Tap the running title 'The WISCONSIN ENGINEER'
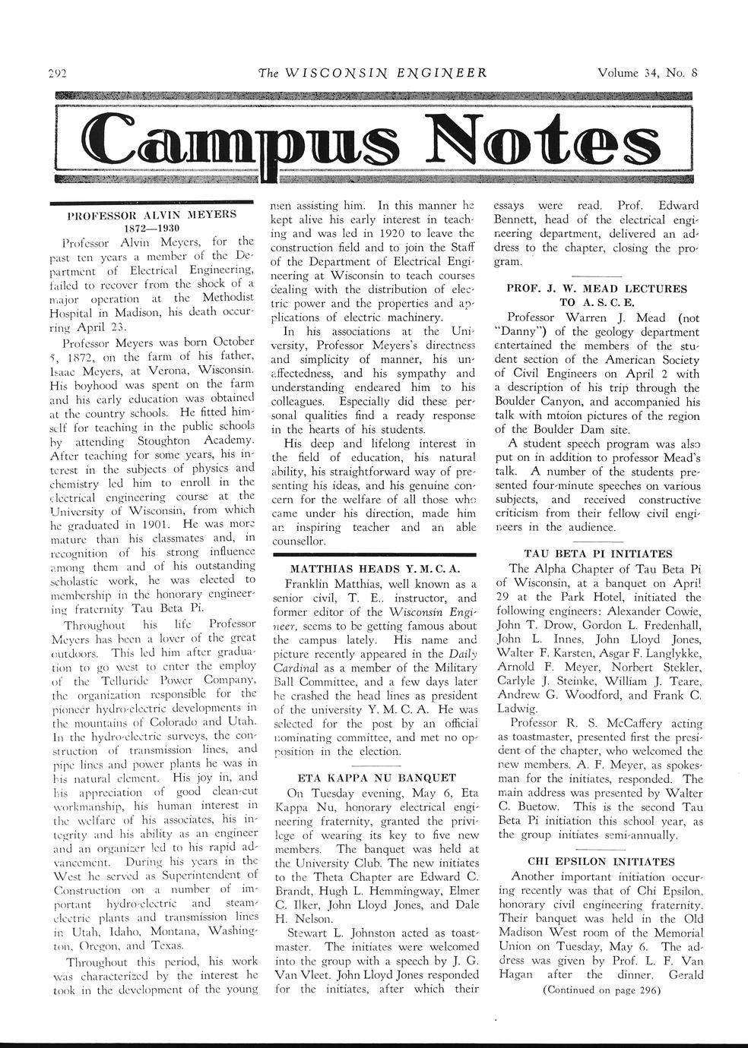point(372,74)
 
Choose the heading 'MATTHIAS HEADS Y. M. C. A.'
point(372,569)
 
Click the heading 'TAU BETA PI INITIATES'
point(598,554)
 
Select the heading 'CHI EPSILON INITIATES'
point(600,862)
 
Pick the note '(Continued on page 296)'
point(600,990)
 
